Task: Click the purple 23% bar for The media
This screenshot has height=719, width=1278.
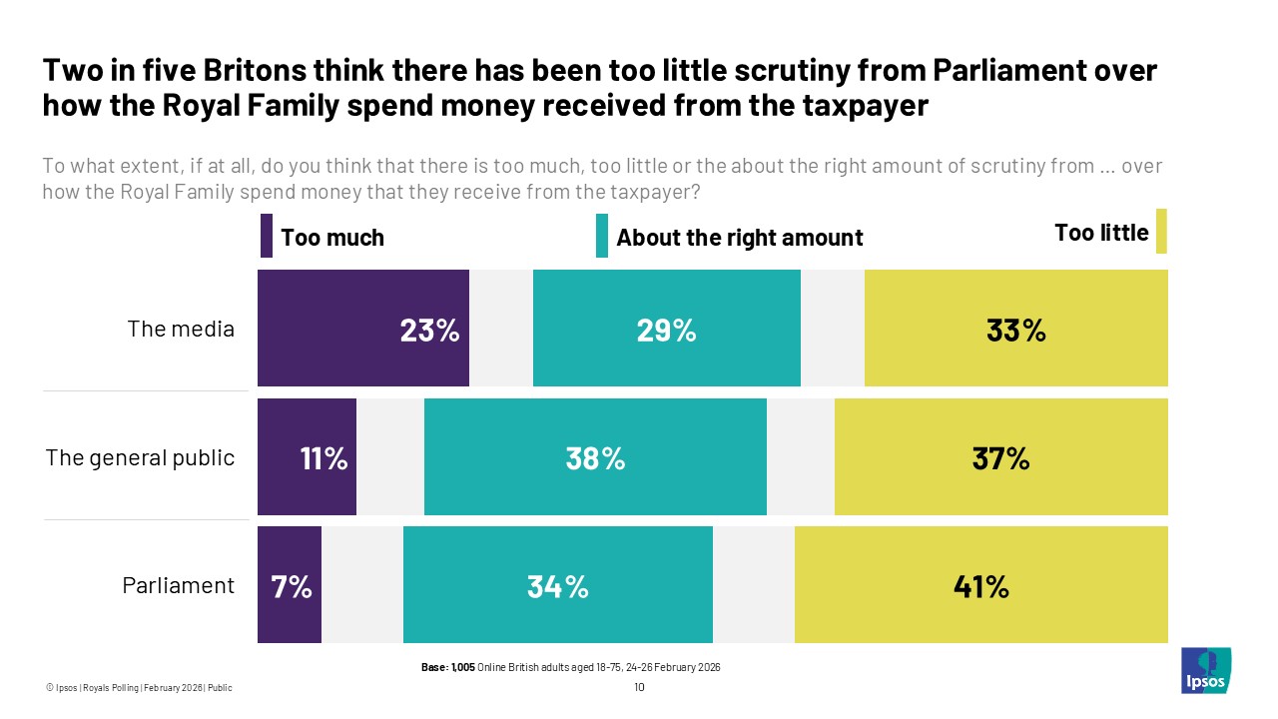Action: pos(362,328)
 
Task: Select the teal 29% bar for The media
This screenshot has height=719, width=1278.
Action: pos(666,328)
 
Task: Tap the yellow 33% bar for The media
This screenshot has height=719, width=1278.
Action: pos(1015,328)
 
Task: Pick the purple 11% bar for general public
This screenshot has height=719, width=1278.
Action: pos(307,457)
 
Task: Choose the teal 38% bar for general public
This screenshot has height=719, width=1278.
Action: pos(595,457)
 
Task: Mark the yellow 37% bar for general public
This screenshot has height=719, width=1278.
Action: pos(1000,457)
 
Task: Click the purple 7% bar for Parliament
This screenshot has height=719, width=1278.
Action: pos(290,584)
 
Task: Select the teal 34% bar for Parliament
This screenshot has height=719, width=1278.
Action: pos(557,584)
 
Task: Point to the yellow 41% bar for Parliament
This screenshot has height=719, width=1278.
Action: pos(980,584)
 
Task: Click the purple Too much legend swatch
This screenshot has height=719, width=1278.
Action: pos(266,236)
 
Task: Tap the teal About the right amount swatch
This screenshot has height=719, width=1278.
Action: pos(601,236)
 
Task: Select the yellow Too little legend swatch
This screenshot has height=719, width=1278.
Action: pos(1161,231)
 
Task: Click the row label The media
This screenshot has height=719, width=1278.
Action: pos(181,329)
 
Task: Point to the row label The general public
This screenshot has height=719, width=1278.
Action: pos(140,457)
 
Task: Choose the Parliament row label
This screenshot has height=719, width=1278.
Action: pos(178,585)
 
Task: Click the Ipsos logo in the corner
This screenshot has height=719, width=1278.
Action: pos(1206,670)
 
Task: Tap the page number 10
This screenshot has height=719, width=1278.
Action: pos(639,687)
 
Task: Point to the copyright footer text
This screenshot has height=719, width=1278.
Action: pos(139,687)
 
